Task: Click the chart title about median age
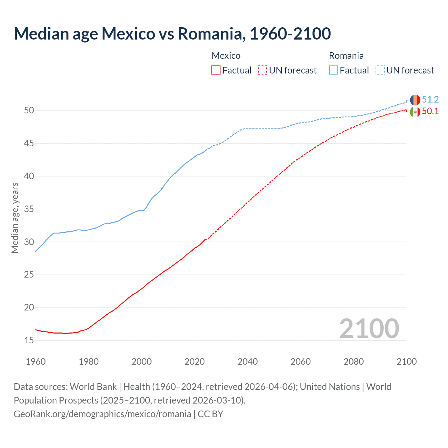point(172,34)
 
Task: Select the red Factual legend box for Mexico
point(216,70)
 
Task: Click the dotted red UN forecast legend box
point(262,70)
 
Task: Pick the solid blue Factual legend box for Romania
point(334,70)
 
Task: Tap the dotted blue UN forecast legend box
point(380,70)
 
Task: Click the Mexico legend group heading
point(226,56)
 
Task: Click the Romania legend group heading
point(346,56)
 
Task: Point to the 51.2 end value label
point(430,99)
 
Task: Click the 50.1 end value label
point(430,111)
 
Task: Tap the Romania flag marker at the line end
point(415,100)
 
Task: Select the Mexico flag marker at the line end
point(415,112)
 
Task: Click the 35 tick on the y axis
point(29,209)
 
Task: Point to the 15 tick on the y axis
point(29,340)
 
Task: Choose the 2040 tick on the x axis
point(247,362)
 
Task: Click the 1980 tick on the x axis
point(89,362)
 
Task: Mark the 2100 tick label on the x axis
point(406,362)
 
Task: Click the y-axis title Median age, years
point(15,218)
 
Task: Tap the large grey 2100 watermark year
point(369,328)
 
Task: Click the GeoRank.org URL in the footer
point(102,414)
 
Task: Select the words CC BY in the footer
point(210,414)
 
